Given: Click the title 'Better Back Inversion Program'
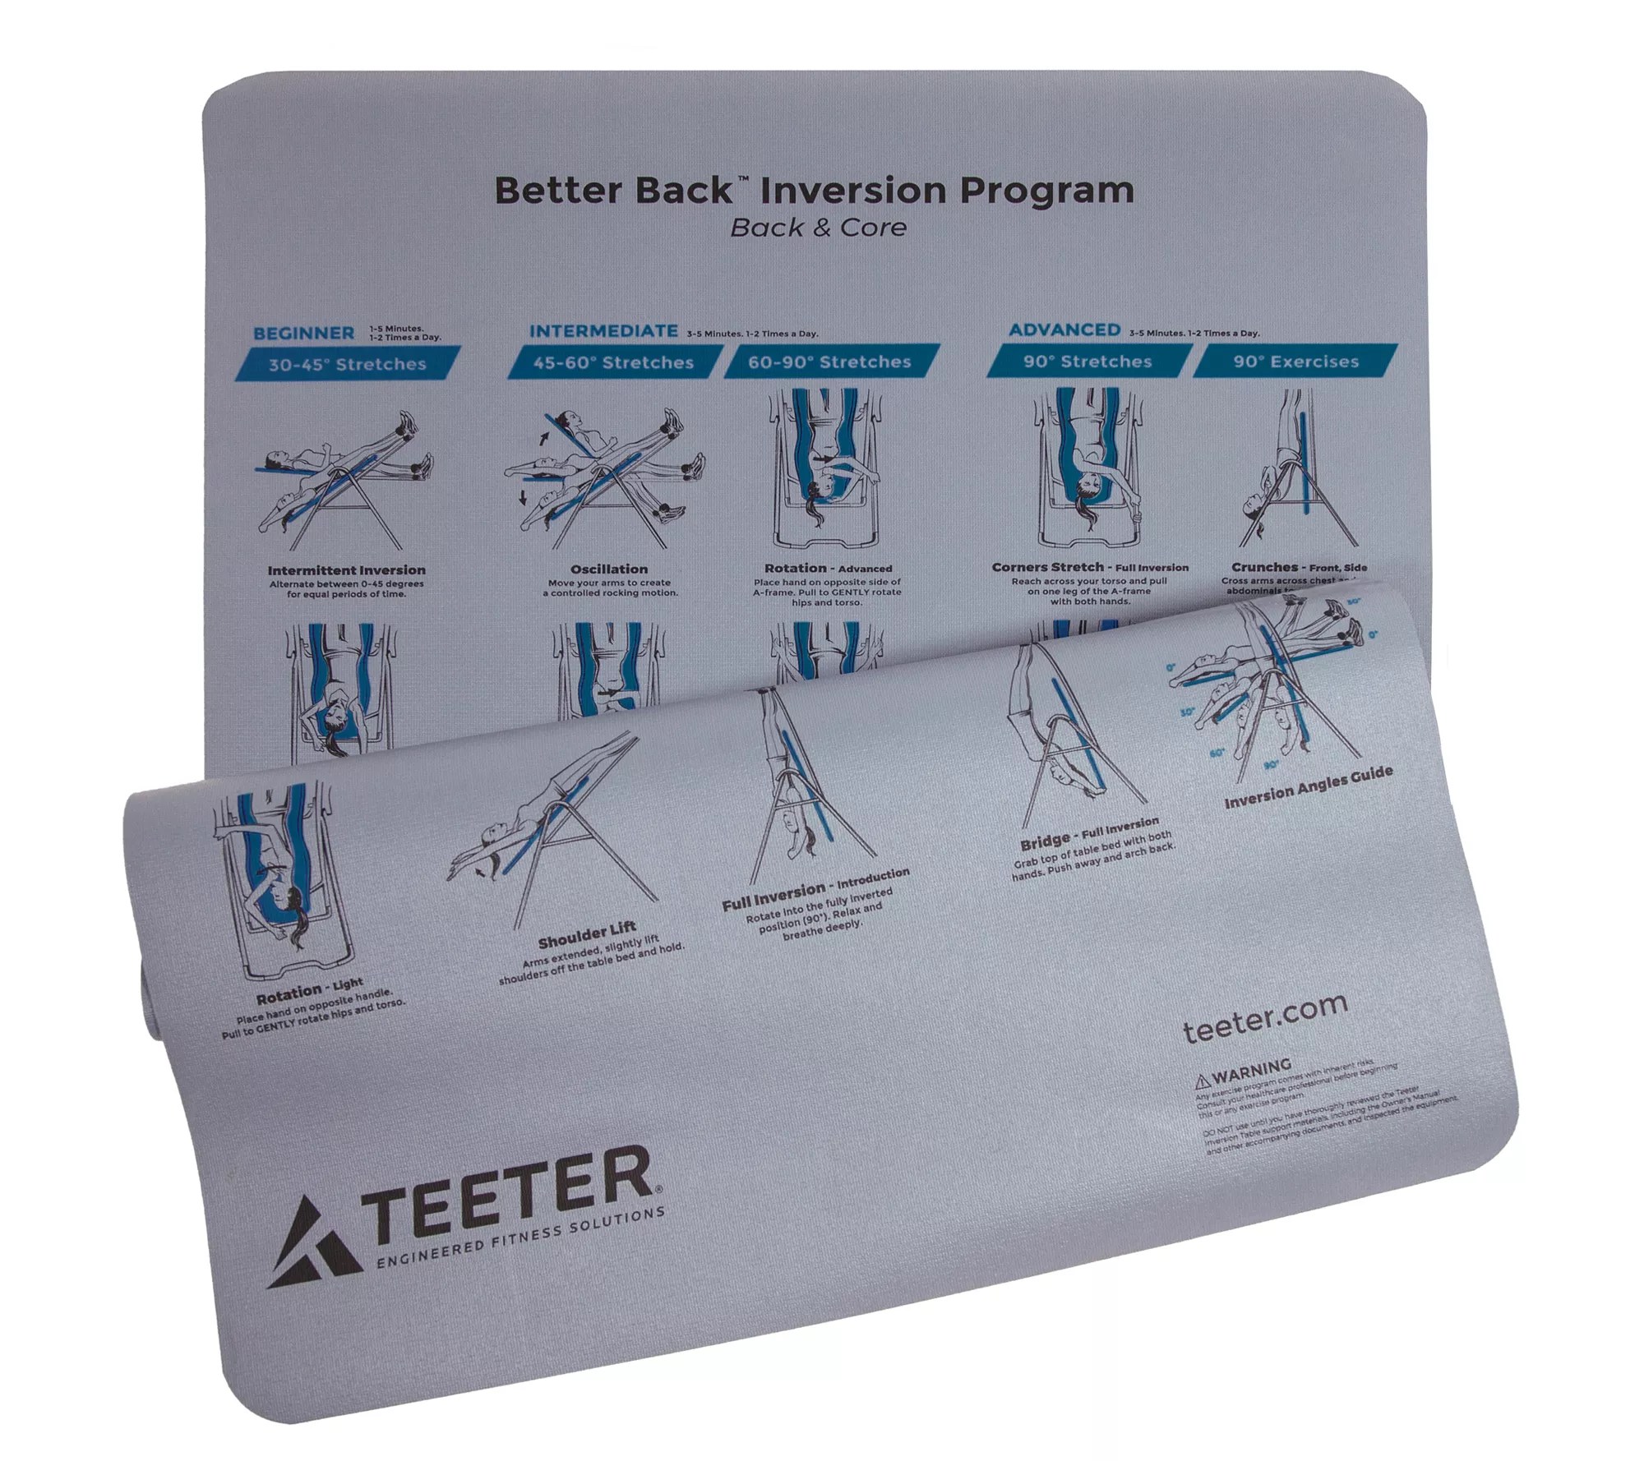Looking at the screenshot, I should [x=814, y=191].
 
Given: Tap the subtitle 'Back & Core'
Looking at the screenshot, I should [x=818, y=228].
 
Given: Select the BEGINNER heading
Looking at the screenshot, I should [x=304, y=334].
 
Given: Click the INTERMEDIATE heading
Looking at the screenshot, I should [x=603, y=331].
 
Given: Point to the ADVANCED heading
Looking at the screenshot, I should [x=1064, y=330].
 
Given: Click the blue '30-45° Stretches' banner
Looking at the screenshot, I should [x=348, y=364].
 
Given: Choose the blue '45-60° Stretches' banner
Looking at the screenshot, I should [x=613, y=362].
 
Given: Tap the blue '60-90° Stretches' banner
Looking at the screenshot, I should [x=829, y=362].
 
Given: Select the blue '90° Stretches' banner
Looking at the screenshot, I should [x=1088, y=361].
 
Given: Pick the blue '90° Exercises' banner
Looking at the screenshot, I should [x=1295, y=361].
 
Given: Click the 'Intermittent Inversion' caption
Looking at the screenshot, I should [x=346, y=569].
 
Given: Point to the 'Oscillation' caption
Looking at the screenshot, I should [x=609, y=569].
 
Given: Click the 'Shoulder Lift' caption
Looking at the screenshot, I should [x=587, y=935].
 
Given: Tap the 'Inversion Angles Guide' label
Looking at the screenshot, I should [x=1308, y=786].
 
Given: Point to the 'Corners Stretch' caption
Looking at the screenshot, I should [x=1047, y=567].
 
